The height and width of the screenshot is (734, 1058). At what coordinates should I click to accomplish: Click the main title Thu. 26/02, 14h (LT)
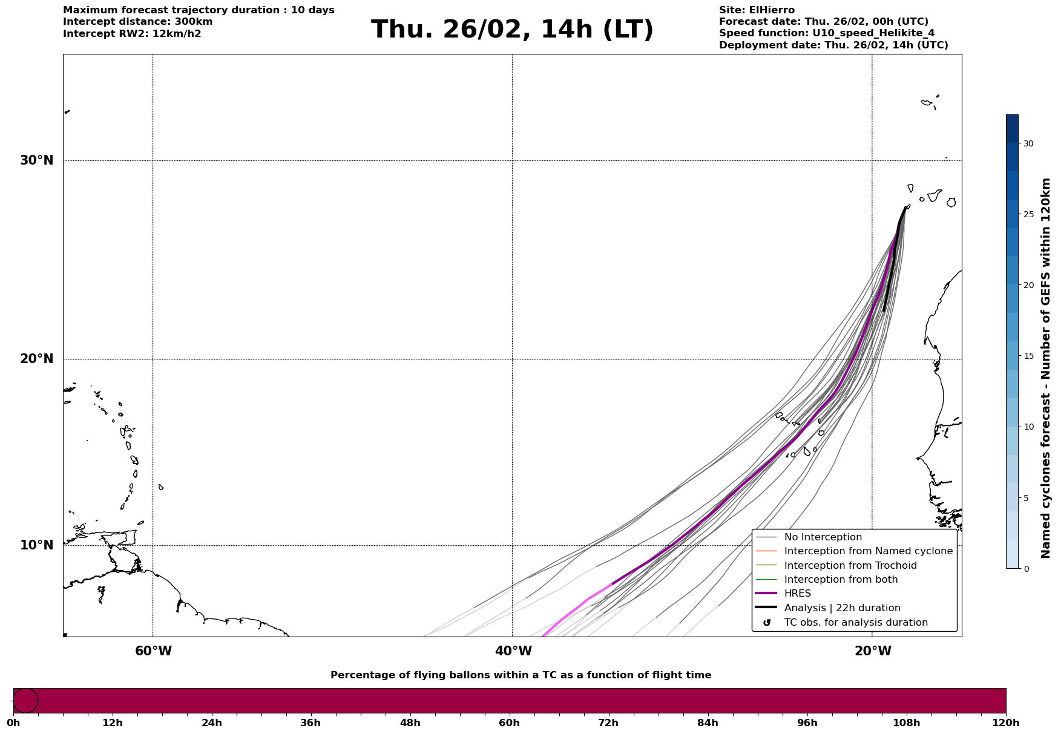512,30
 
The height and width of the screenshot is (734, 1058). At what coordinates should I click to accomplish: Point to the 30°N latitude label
37,160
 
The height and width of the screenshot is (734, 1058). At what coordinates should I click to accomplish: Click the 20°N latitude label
37,359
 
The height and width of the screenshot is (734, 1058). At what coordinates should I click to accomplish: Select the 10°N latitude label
37,545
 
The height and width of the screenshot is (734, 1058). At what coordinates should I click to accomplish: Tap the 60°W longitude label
153,651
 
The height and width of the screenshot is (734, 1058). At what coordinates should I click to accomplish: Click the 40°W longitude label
513,651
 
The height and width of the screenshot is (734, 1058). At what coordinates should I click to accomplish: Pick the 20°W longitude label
873,651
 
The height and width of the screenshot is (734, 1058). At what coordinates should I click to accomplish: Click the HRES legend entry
797,594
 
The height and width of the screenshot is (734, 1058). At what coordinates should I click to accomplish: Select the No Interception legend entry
823,537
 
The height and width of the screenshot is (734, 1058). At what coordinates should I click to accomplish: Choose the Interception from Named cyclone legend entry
868,551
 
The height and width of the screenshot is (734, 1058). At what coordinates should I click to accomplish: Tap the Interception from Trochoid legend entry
850,566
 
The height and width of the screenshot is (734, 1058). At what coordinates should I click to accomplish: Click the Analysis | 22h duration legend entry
842,608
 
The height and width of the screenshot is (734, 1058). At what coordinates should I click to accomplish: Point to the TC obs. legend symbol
767,623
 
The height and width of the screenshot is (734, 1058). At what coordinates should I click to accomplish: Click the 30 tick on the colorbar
1028,143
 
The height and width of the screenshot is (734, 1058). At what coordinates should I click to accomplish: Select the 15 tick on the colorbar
1028,356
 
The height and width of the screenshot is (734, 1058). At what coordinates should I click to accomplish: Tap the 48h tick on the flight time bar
410,723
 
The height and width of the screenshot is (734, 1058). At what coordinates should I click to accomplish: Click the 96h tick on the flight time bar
807,723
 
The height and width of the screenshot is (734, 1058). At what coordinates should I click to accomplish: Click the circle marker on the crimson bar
25,701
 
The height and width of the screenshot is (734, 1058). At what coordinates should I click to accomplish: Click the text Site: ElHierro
757,10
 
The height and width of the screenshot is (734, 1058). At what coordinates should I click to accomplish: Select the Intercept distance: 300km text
137,22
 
